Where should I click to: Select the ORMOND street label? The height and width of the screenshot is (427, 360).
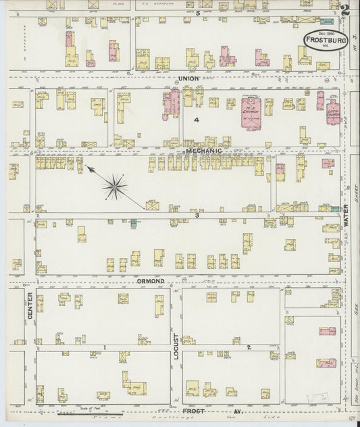(x=152, y=280)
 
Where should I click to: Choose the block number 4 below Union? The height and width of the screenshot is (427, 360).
(x=197, y=120)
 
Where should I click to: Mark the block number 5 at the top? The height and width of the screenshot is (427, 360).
(x=197, y=14)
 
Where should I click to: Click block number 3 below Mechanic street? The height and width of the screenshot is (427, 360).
(x=197, y=216)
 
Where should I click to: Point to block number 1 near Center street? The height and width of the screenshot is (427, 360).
(x=105, y=348)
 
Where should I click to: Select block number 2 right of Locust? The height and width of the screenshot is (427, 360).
(x=249, y=348)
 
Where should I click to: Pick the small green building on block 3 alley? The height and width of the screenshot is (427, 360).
(x=134, y=221)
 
